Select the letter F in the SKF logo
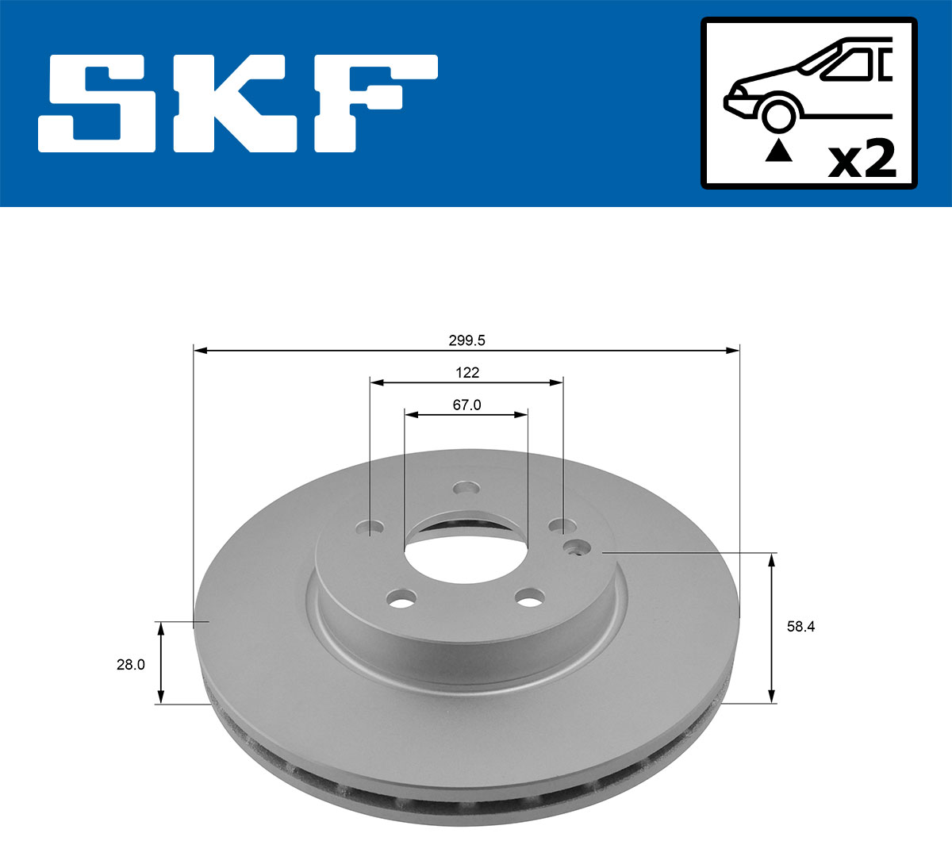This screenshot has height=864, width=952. (x=373, y=103)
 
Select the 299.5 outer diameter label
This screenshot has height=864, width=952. (x=467, y=340)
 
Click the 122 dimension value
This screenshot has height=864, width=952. (x=466, y=372)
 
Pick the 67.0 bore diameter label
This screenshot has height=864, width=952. (x=466, y=405)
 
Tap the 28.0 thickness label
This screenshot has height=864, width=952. (x=131, y=665)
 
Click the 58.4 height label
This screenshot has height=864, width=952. (x=800, y=627)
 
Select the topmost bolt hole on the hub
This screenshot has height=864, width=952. (x=466, y=487)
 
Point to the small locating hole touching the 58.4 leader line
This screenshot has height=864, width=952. (x=577, y=547)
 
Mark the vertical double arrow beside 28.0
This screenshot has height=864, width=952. (x=161, y=663)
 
